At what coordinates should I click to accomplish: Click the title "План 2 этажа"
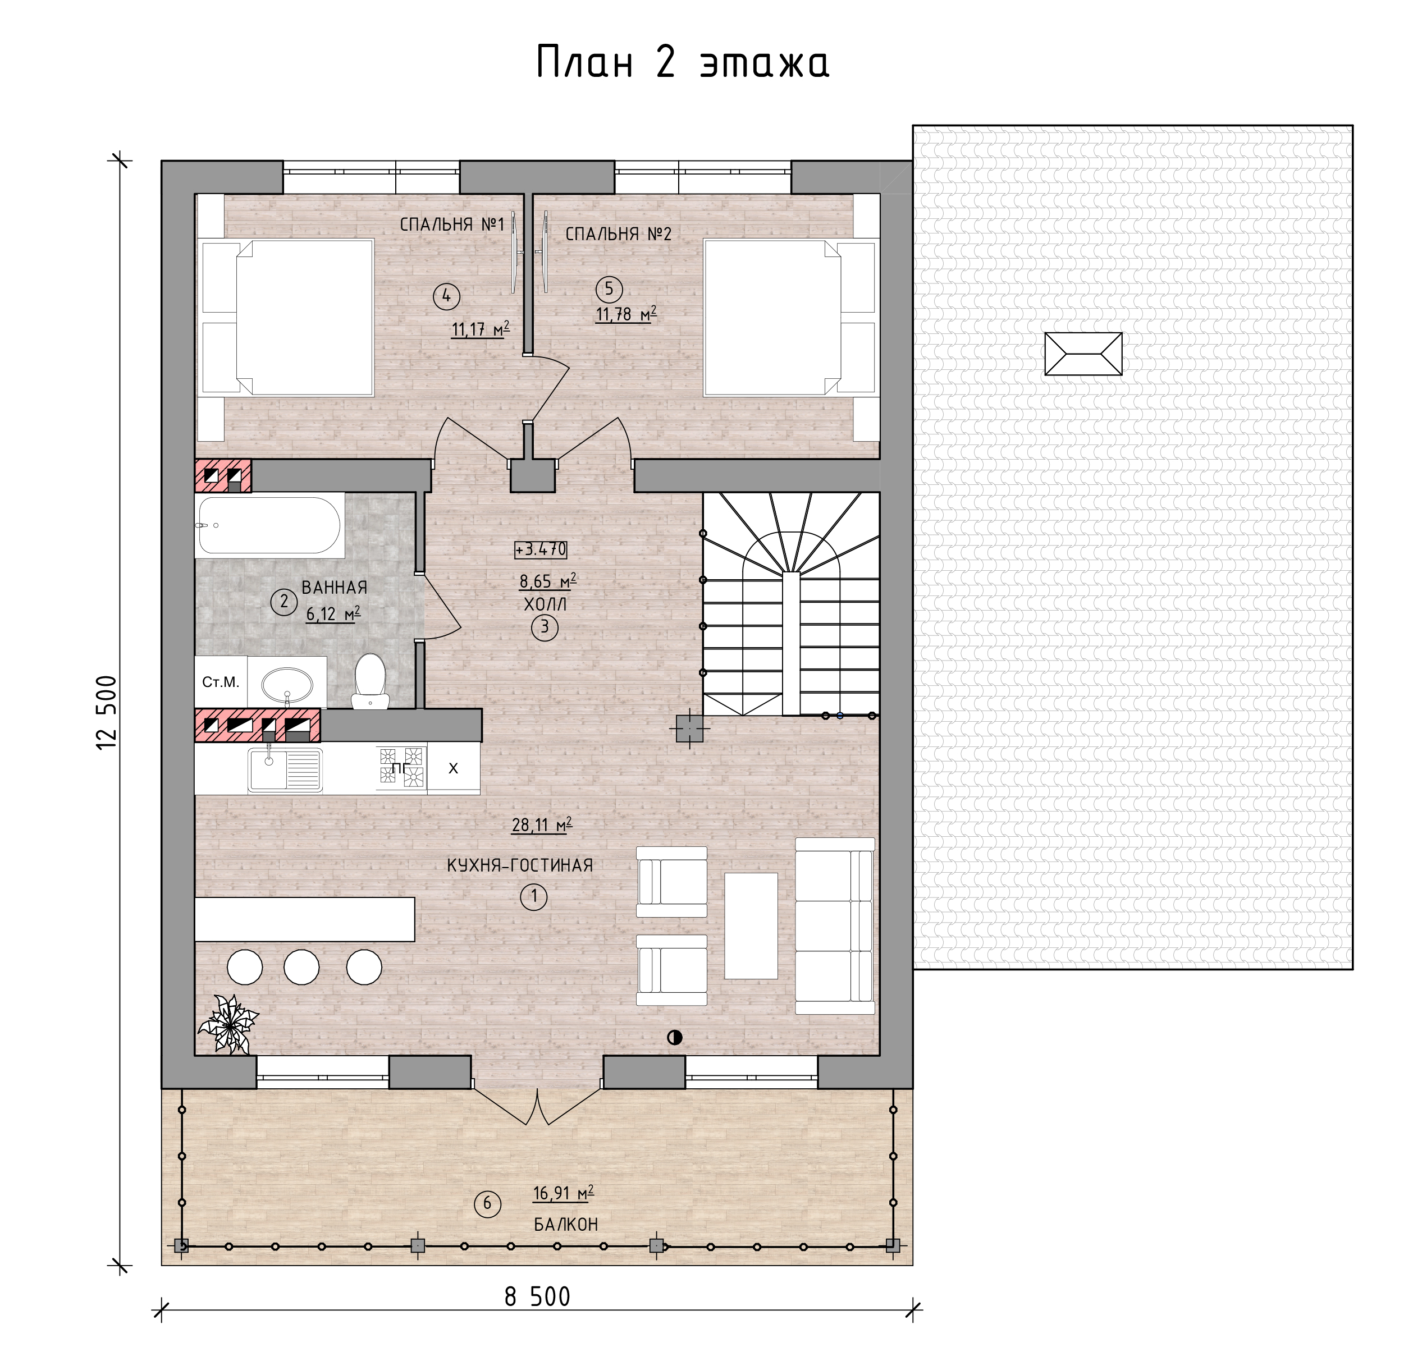(x=683, y=62)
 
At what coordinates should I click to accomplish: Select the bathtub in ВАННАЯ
(x=269, y=525)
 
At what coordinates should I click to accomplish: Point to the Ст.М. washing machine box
(x=221, y=682)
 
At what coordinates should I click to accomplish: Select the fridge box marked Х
(x=454, y=768)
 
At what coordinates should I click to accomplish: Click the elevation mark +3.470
(x=541, y=549)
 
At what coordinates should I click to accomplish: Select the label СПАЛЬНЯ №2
(x=619, y=233)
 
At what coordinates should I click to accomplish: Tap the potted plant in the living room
(x=228, y=1024)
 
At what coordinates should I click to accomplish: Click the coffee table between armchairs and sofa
(x=751, y=926)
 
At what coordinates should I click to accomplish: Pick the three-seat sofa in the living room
(x=835, y=925)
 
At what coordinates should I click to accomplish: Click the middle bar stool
(x=301, y=966)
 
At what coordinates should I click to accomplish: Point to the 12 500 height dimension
(x=107, y=712)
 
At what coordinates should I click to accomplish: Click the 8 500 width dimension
(x=537, y=1297)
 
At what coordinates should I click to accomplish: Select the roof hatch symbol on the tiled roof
(x=1083, y=354)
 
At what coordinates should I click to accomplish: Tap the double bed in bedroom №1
(x=287, y=318)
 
